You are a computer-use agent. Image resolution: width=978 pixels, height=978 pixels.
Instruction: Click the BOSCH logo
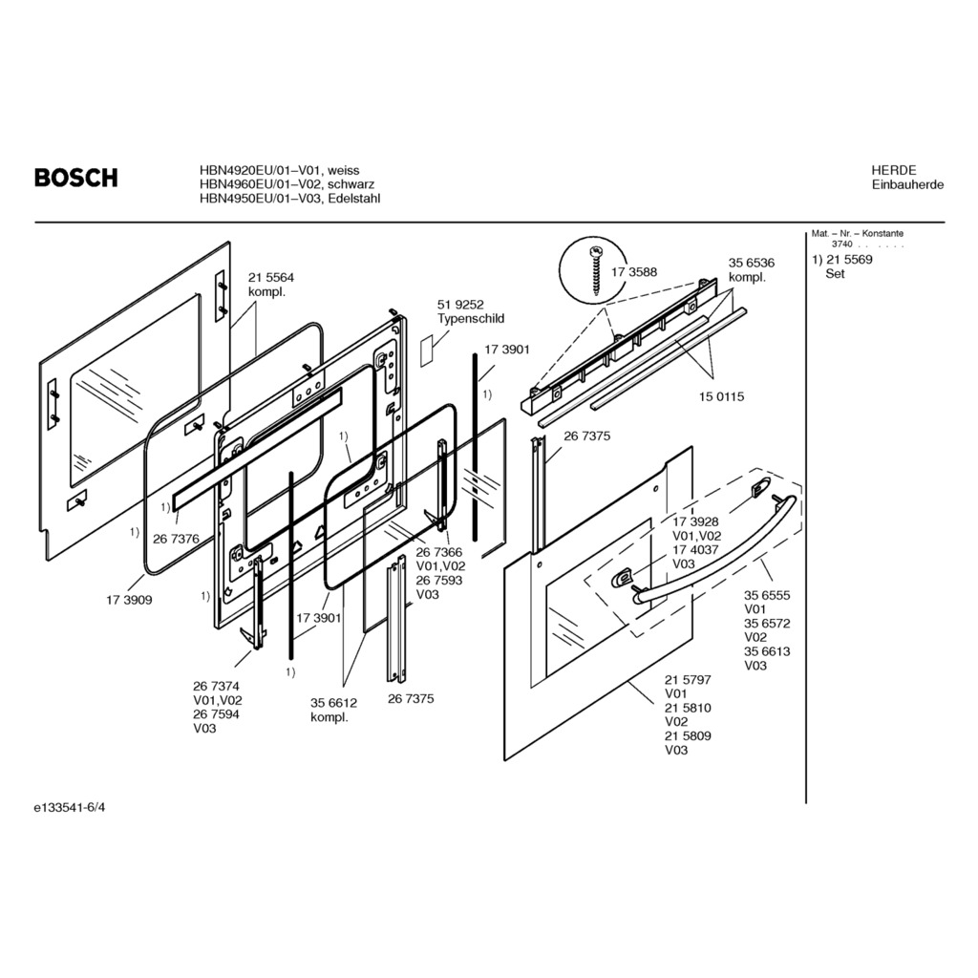(x=76, y=178)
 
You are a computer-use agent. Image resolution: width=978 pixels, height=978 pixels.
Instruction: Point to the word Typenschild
(x=471, y=319)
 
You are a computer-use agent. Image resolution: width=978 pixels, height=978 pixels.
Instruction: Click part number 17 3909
(x=129, y=601)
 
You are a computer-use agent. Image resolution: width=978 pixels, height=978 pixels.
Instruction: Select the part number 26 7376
(x=176, y=539)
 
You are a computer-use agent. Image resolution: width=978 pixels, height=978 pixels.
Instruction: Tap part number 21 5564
(x=272, y=278)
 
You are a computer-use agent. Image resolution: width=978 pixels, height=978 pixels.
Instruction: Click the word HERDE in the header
(x=893, y=170)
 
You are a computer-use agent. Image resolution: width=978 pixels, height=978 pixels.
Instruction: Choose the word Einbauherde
(x=907, y=184)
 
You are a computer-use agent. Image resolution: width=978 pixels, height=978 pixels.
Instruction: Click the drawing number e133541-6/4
(x=71, y=808)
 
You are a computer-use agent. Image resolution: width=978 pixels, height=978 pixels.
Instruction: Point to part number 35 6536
(x=752, y=263)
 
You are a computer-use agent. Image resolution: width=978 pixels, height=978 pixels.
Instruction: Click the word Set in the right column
(x=836, y=274)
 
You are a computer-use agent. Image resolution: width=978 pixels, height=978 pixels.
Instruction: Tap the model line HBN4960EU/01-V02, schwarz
(x=287, y=184)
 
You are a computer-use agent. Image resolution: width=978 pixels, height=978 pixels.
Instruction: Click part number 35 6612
(x=333, y=703)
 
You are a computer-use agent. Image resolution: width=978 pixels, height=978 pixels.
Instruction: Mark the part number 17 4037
(x=696, y=550)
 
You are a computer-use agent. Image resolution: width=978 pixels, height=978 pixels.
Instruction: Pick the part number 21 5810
(x=688, y=708)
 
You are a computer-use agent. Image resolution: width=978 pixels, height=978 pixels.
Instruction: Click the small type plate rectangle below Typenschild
(x=426, y=350)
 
